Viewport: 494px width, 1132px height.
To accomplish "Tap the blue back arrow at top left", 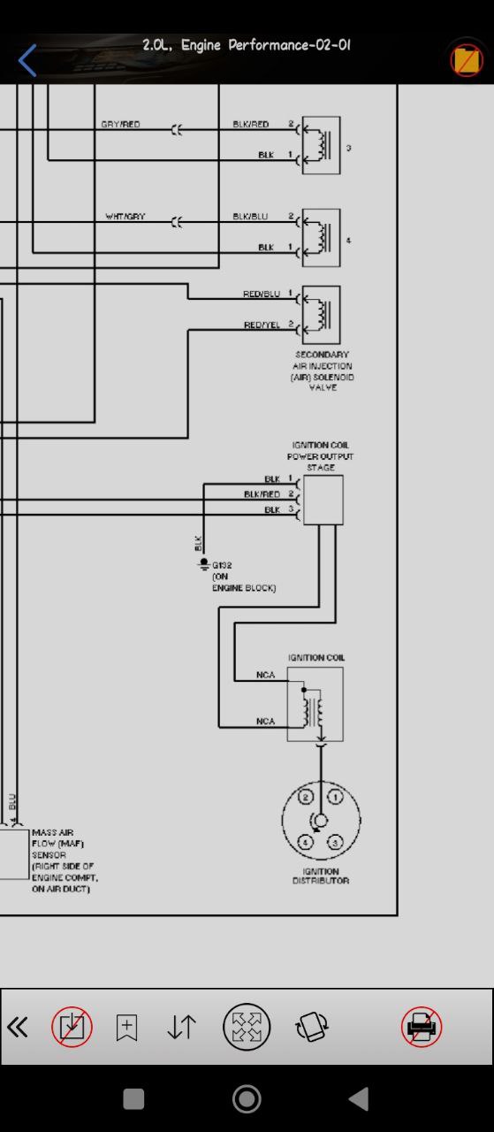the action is (27, 60).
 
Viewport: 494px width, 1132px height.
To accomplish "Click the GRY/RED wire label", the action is (120, 125).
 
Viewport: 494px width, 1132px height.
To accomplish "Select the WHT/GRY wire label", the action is (125, 217).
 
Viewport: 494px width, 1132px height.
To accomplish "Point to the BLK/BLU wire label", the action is (250, 217).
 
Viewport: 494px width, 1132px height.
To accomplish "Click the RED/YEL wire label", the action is (262, 325).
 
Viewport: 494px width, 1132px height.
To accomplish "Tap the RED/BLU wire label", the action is (262, 294).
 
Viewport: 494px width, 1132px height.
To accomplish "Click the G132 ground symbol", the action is (204, 564).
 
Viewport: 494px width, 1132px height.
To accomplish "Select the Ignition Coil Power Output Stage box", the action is (323, 500).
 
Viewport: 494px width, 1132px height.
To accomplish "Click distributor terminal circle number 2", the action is (306, 797).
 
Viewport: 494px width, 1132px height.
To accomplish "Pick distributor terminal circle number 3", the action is (336, 843).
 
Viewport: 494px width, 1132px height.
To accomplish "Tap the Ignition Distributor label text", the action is (321, 876).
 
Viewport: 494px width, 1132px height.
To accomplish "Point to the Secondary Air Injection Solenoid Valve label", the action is (323, 371).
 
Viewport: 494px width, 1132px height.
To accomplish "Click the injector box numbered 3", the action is (322, 146).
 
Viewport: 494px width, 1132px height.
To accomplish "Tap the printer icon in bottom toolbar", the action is (422, 1027).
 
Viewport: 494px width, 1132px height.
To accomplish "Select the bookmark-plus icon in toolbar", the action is (126, 1027).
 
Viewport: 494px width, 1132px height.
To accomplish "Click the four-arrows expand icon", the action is (247, 1027).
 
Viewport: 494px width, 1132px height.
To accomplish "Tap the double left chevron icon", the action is (18, 1027).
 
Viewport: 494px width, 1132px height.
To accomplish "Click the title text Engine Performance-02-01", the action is (266, 45).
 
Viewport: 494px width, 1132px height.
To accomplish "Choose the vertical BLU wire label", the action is (12, 801).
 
